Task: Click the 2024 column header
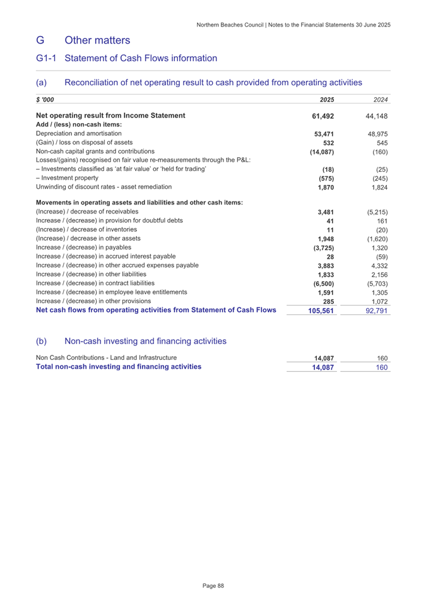(379, 100)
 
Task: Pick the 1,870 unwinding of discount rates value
(324, 188)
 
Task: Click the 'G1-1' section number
(47, 58)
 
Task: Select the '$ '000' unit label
(45, 100)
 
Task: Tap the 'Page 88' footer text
(213, 586)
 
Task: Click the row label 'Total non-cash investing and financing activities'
(119, 366)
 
